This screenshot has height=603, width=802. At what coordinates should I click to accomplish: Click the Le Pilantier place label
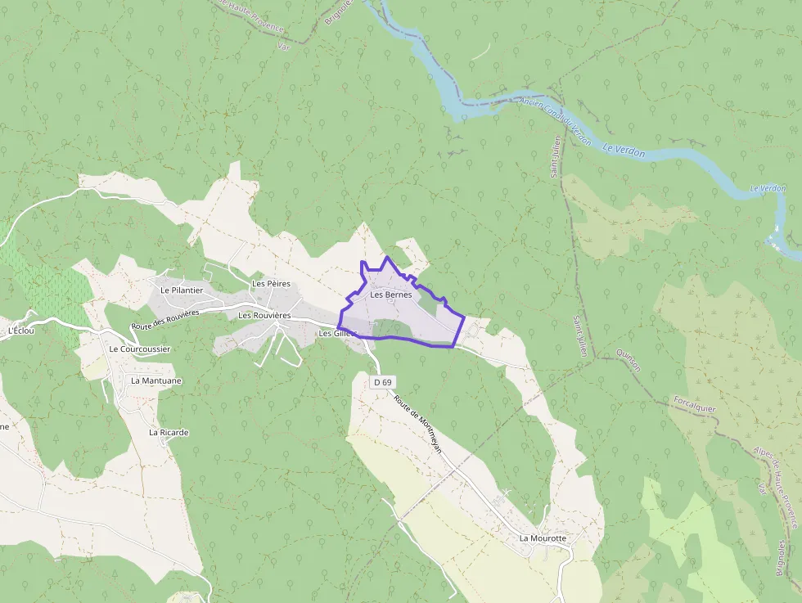(x=182, y=290)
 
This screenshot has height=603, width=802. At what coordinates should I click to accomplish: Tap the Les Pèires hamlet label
(x=271, y=284)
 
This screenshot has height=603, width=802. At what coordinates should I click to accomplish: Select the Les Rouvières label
(x=264, y=315)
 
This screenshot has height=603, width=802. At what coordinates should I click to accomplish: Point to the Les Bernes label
(x=390, y=295)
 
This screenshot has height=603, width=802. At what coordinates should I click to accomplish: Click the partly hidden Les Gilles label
(x=335, y=333)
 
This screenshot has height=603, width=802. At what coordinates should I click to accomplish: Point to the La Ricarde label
(x=169, y=432)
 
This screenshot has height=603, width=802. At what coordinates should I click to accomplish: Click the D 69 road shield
(x=383, y=382)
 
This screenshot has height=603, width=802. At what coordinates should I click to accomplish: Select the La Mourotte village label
(x=543, y=538)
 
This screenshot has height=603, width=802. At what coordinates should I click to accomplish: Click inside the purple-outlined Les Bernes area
(x=401, y=315)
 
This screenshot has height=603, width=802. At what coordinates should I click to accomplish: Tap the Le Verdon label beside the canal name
(x=623, y=149)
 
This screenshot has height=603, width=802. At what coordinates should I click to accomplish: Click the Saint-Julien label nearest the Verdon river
(x=556, y=156)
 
